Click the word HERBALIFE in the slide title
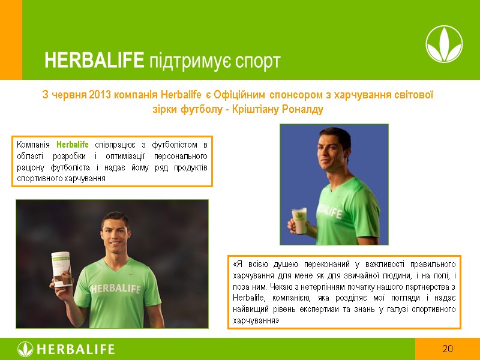click(94, 61)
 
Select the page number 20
click(447, 349)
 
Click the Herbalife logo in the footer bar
click(66, 349)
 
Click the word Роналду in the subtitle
click(301, 110)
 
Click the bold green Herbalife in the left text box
click(72, 145)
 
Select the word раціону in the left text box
click(29, 167)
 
